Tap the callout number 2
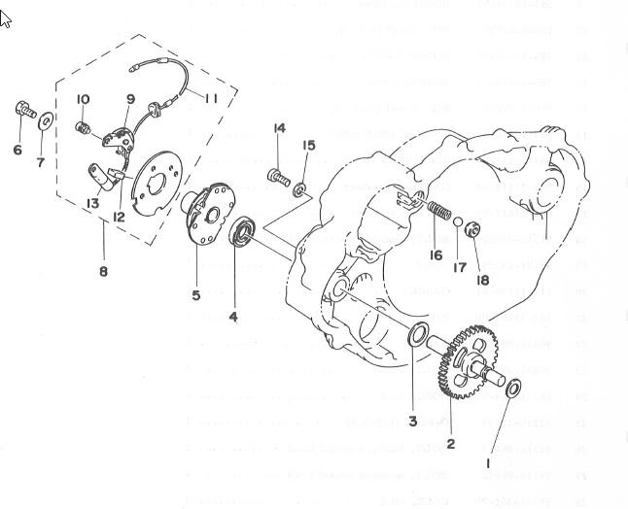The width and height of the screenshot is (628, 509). tap(450, 444)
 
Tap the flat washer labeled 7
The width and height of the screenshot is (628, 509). tap(46, 120)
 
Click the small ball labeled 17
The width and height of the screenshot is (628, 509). tap(458, 223)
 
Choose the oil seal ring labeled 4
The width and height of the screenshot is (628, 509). tap(242, 233)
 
